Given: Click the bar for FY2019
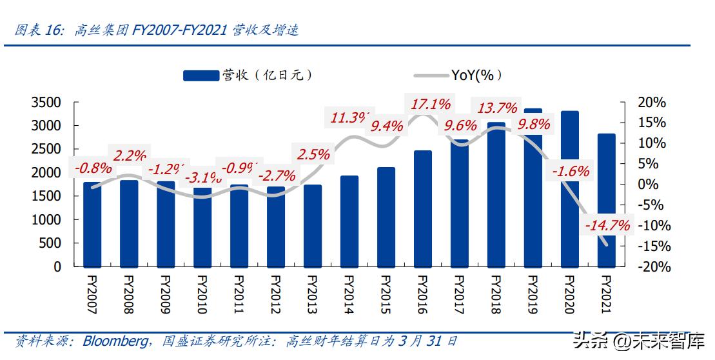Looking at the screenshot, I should tap(533, 194).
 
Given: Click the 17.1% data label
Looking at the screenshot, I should tap(429, 104).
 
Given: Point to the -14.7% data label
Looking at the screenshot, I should tap(606, 226).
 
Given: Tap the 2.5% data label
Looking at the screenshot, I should tap(313, 155).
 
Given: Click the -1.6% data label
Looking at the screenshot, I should tap(570, 171).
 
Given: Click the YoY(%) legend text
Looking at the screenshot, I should tap(476, 75).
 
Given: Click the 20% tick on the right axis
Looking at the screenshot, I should tap(651, 103).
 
